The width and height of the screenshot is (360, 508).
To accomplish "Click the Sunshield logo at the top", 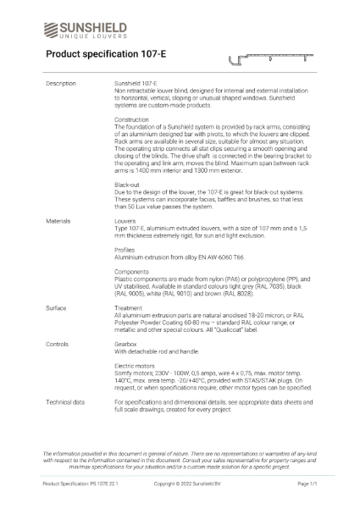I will coord(85,29).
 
